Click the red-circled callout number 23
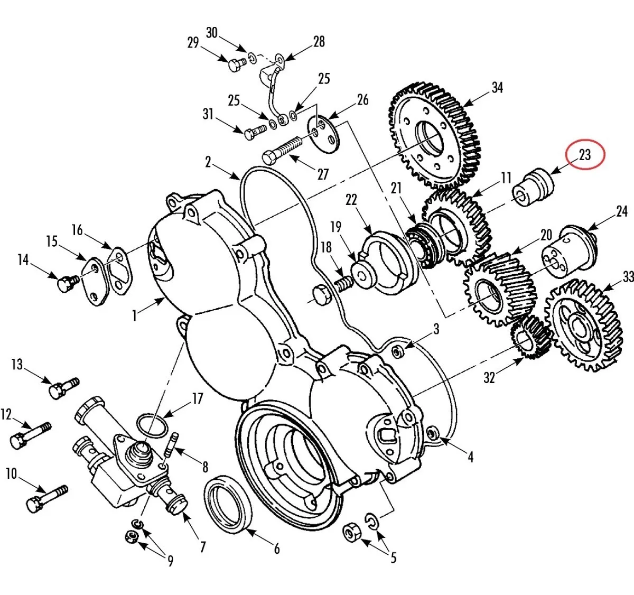pos(585,155)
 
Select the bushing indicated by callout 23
pos(533,187)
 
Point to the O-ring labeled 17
pos(152,426)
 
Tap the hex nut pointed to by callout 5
pos(351,533)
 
